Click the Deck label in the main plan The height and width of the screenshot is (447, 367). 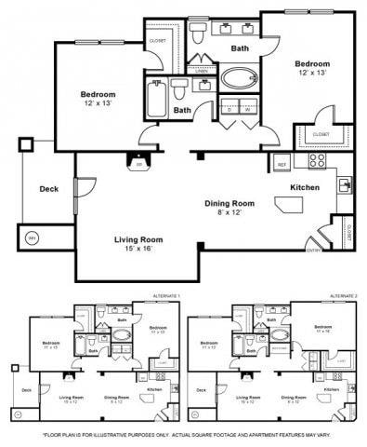(48, 189)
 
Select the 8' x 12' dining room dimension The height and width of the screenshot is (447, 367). (229, 213)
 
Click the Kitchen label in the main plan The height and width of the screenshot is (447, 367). (305, 188)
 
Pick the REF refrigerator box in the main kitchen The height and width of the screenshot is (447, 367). (281, 164)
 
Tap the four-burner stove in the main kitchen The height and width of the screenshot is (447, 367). (316, 159)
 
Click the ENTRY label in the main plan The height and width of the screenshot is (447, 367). (313, 249)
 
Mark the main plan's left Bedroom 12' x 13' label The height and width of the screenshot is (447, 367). (98, 99)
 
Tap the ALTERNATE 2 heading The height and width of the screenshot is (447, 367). (343, 295)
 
